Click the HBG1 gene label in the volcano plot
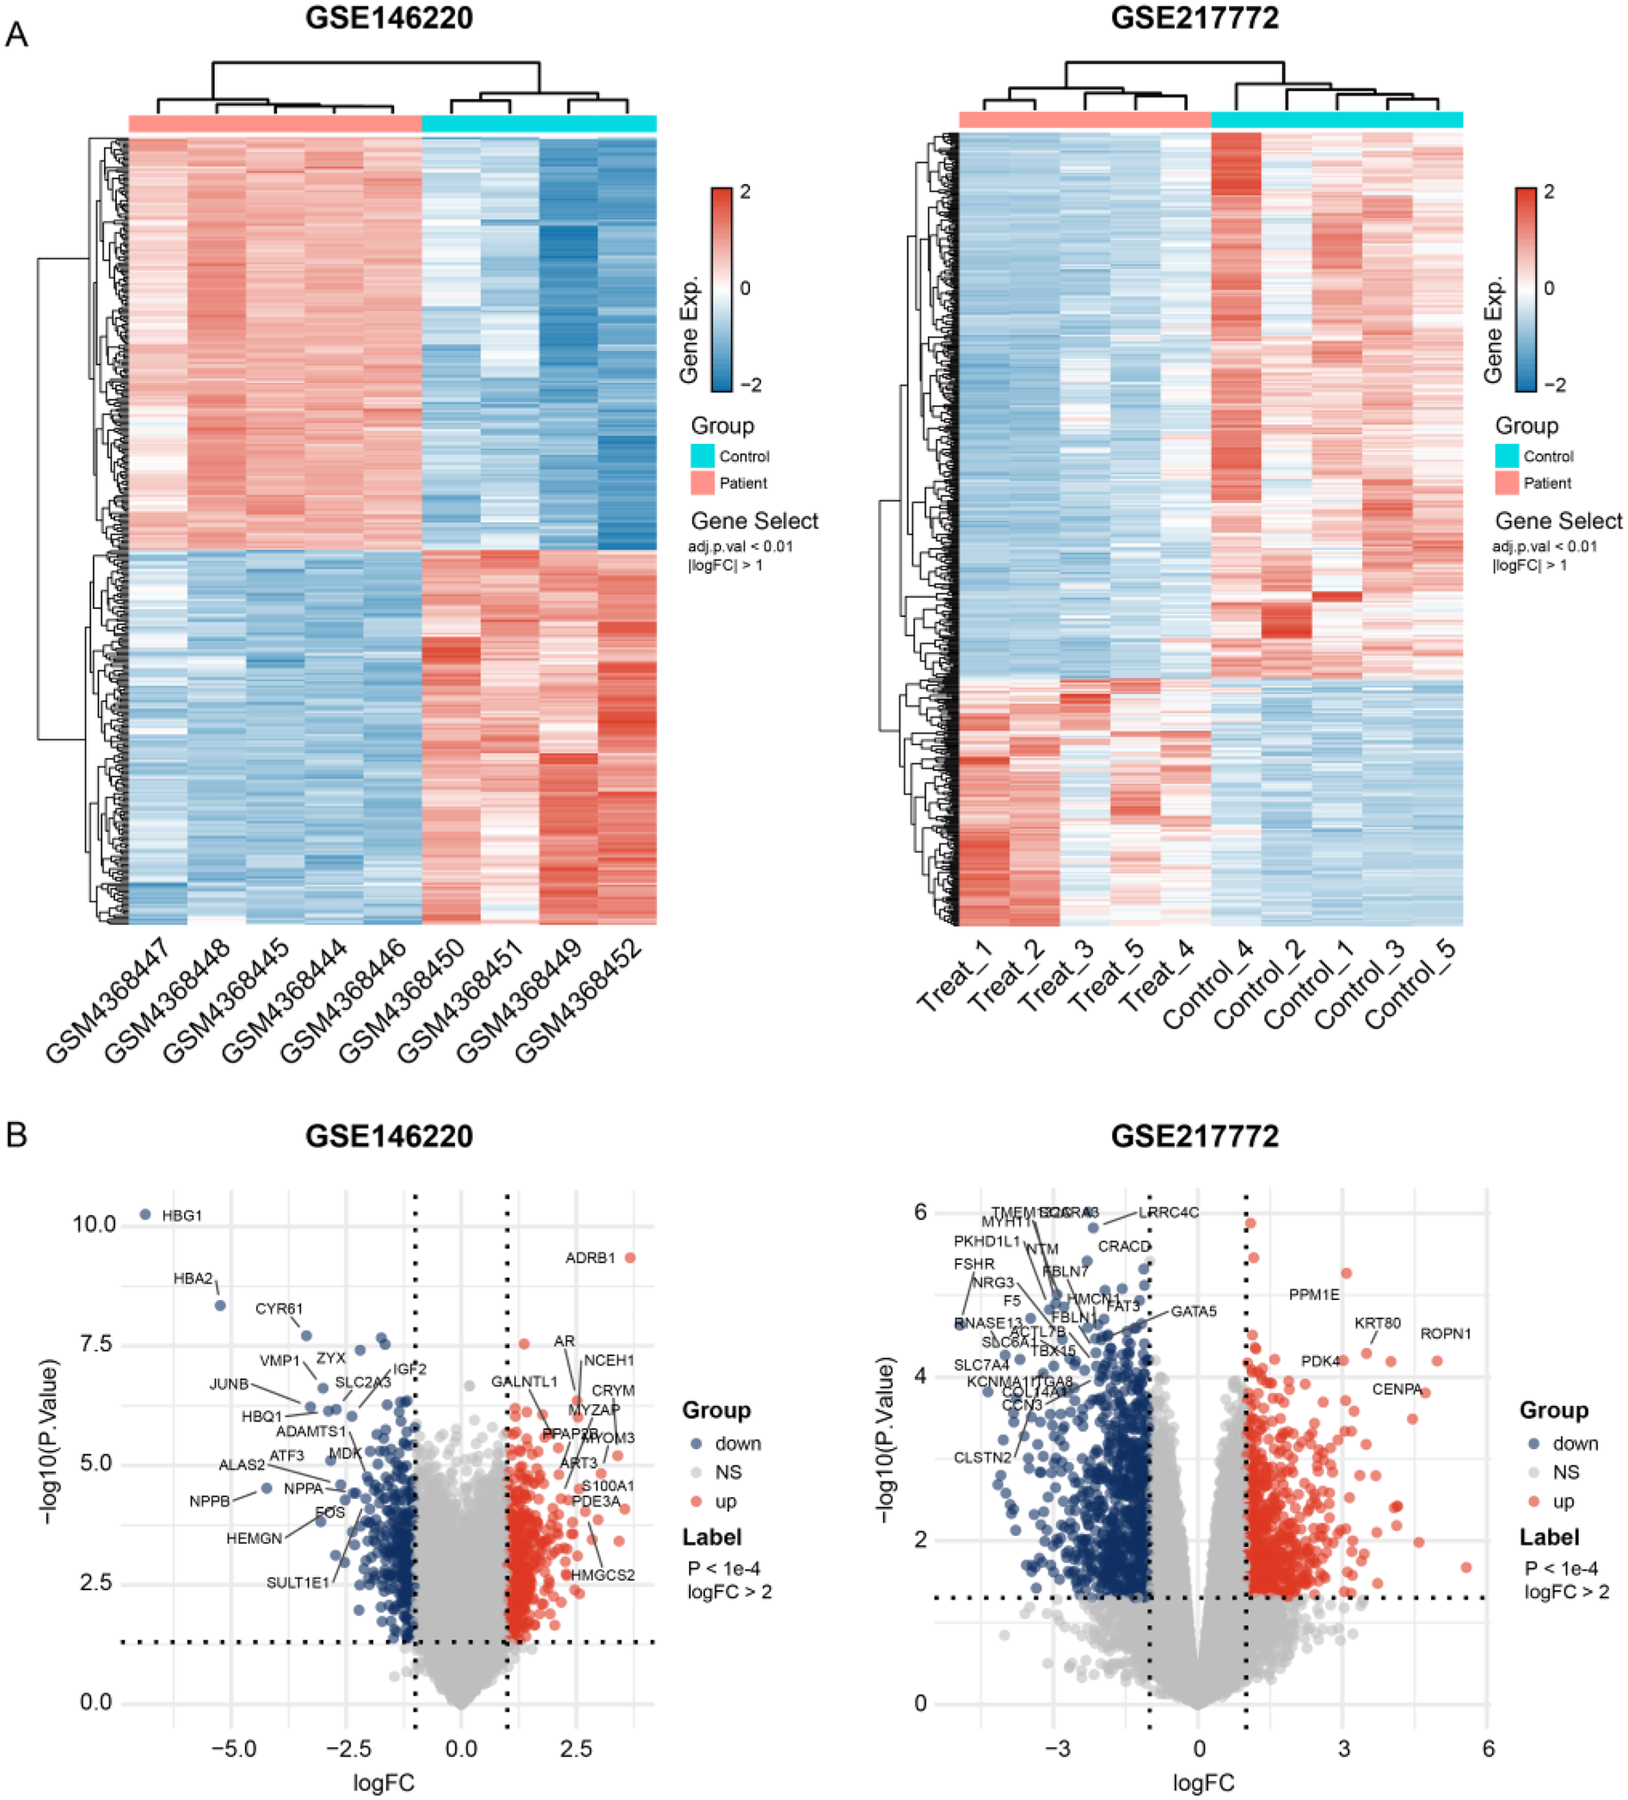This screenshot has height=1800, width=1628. point(182,1215)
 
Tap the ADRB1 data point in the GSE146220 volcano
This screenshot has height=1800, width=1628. point(630,1257)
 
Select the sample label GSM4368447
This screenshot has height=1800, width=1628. point(108,1000)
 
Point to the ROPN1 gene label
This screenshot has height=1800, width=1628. point(1445,1334)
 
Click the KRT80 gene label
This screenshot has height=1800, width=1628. point(1377,1323)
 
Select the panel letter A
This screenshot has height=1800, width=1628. point(16,36)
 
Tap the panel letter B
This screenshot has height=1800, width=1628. point(16,1135)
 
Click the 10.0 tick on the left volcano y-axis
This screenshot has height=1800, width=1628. point(94,1224)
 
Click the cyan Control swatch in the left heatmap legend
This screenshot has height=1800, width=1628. point(703,456)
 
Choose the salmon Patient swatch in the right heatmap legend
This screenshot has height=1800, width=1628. point(1507,483)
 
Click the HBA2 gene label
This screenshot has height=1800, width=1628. point(193,1279)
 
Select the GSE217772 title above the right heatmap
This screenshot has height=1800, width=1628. point(1195,18)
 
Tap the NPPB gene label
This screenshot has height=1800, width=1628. point(210,1501)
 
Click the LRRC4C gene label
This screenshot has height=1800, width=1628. point(1169,1212)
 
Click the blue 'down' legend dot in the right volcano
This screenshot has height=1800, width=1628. point(1534,1444)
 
